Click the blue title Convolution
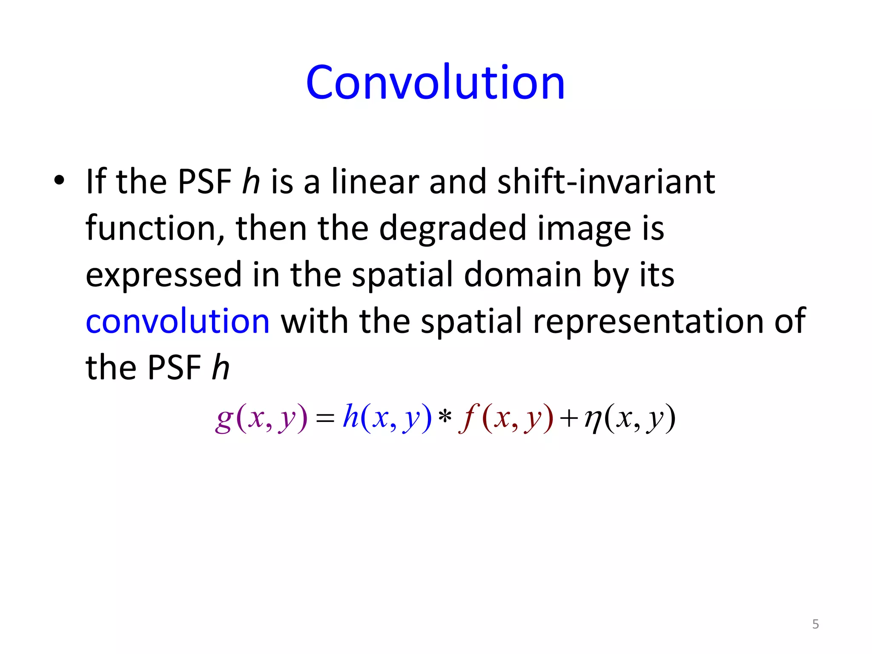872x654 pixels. pos(435,82)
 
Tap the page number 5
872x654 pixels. pos(815,624)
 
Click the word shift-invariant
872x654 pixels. pos(606,182)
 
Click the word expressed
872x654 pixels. pos(164,275)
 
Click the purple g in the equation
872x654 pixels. pos(224,419)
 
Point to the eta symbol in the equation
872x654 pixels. pos(593,419)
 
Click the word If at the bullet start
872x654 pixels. pos(96,182)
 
